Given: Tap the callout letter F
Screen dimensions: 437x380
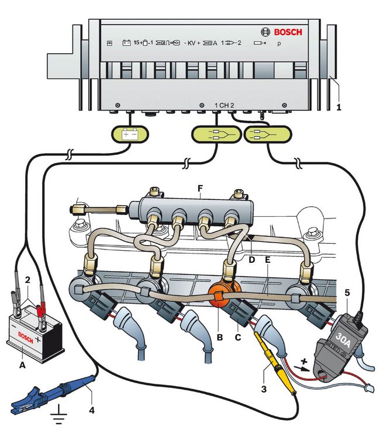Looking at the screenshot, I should click(x=201, y=189).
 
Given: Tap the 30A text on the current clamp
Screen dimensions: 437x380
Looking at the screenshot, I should click(x=331, y=338).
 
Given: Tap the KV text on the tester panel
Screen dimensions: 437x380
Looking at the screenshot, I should click(x=192, y=43).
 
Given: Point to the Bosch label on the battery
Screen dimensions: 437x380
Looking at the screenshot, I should click(x=24, y=337).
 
